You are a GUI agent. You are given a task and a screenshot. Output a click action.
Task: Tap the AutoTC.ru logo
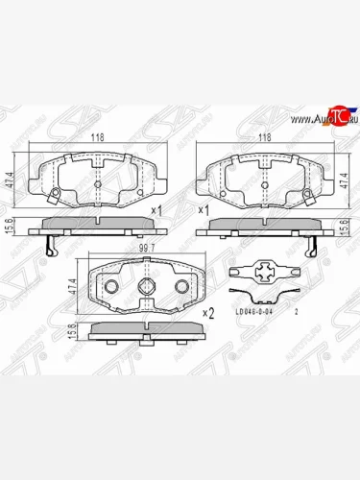click(324, 118)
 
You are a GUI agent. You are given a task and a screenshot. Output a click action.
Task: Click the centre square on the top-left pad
click(97, 182)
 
